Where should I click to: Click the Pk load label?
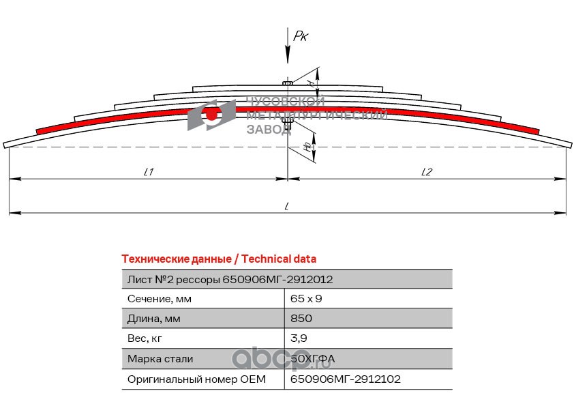click(x=301, y=35)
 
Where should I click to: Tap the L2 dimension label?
click(x=426, y=172)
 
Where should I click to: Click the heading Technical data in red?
click(x=218, y=259)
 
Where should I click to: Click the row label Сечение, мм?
click(x=160, y=299)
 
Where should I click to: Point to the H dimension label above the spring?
click(x=310, y=83)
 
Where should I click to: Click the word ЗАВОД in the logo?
click(x=268, y=129)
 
